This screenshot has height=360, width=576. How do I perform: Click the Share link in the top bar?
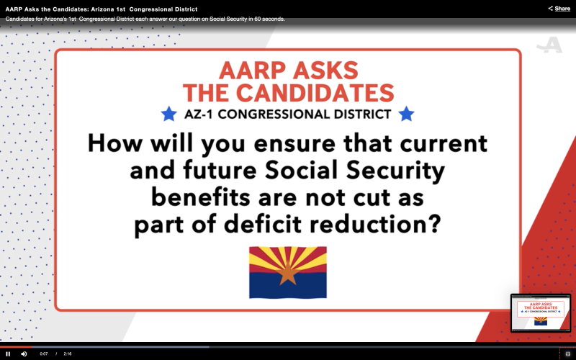point(559,9)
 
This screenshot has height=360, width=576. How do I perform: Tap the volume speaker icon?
point(24,354)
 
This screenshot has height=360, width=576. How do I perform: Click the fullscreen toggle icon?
point(567,354)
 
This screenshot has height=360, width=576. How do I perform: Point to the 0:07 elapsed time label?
point(44,354)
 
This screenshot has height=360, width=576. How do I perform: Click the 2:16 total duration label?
point(68,354)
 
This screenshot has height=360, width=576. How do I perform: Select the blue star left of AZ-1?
point(169,114)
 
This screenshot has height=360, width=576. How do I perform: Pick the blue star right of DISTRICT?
point(406,114)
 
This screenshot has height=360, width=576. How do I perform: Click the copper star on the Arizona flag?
point(288,274)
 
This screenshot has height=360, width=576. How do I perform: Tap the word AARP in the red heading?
point(253,70)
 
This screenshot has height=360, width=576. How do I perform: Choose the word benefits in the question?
point(201,197)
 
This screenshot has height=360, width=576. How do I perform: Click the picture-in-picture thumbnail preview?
point(541,313)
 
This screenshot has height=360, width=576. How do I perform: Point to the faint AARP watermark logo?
point(549,45)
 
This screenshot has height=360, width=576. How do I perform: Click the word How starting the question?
point(115,143)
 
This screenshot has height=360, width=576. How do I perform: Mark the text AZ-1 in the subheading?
point(199,114)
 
